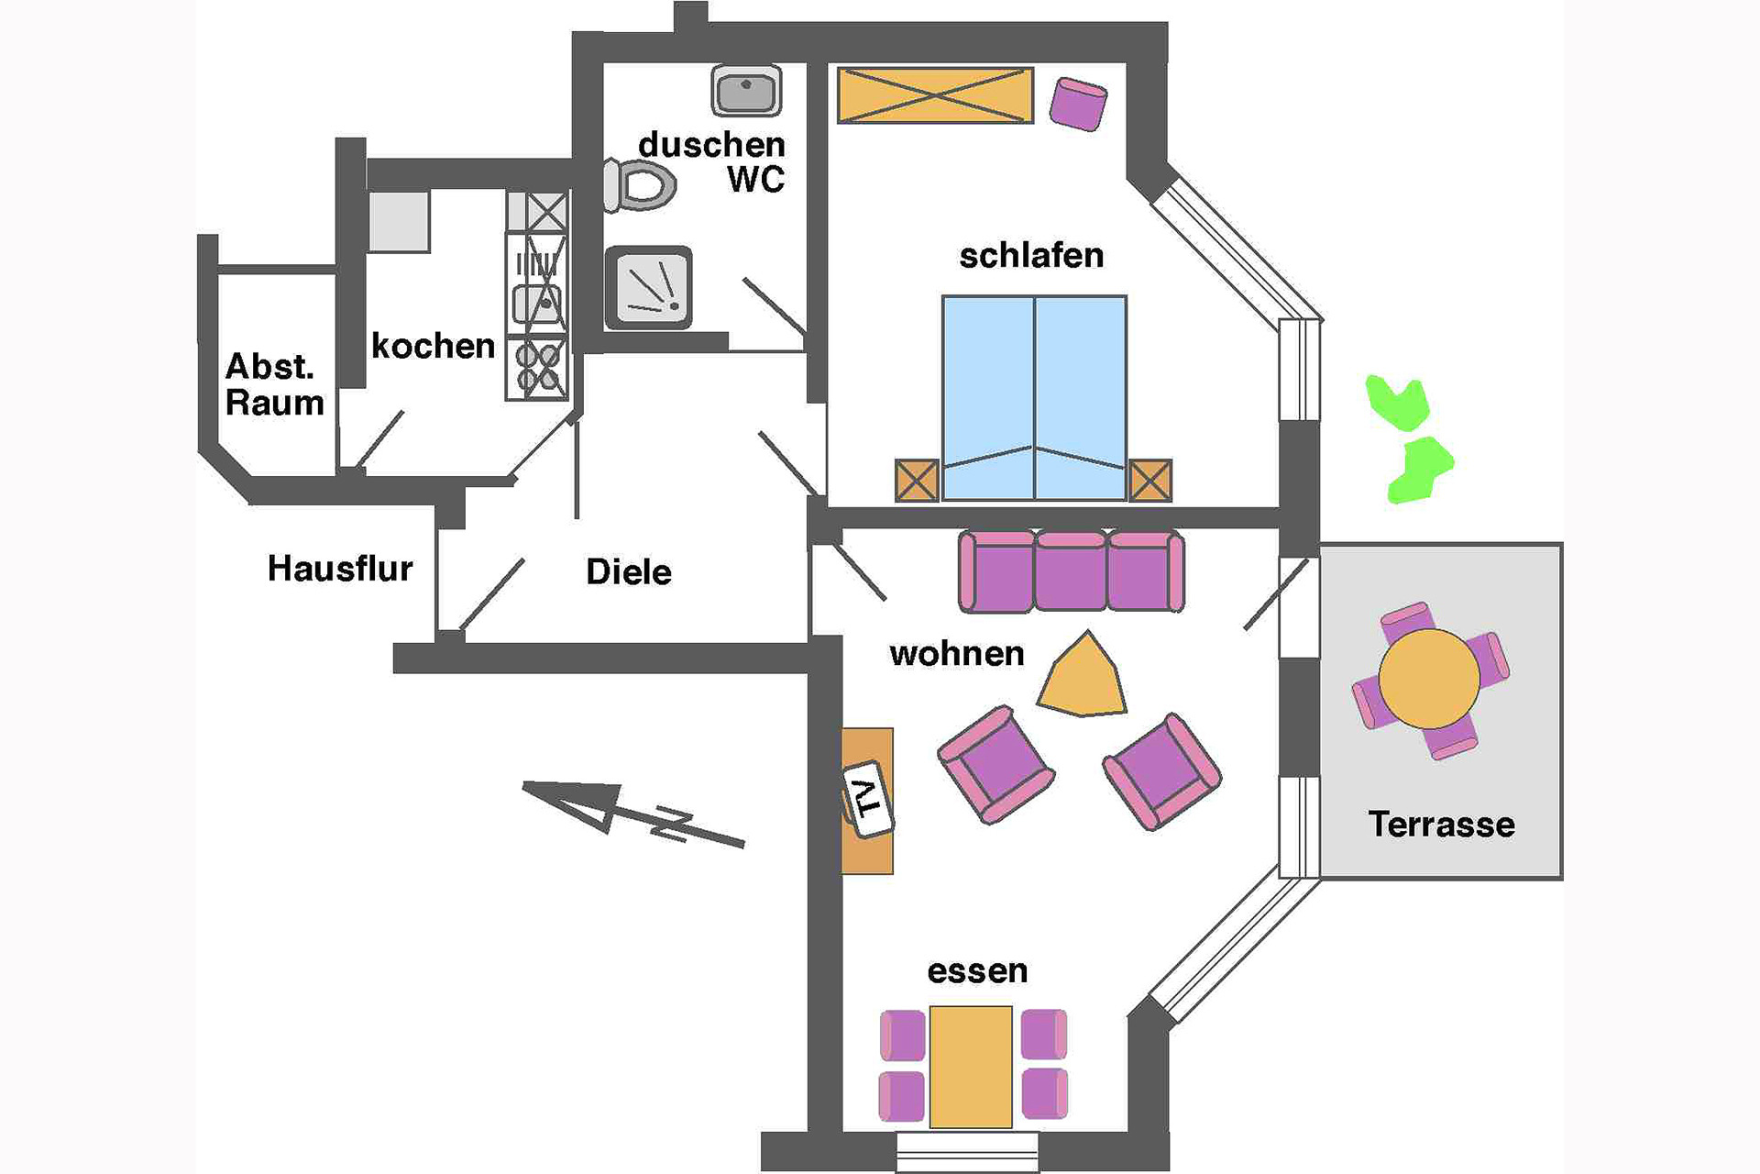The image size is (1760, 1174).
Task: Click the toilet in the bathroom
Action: [642, 185]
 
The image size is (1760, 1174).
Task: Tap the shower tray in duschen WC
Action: [649, 288]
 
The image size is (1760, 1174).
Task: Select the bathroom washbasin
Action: [746, 91]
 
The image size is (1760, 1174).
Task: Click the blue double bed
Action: [1034, 398]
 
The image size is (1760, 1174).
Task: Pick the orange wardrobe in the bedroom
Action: [935, 94]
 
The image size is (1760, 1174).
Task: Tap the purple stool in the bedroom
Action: [1078, 103]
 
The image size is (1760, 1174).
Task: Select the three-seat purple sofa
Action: [1071, 570]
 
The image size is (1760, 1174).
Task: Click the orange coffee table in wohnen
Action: [1083, 677]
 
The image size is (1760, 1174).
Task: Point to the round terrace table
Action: [1428, 679]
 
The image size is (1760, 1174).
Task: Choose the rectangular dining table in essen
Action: [971, 1067]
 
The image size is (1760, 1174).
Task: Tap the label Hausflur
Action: [340, 569]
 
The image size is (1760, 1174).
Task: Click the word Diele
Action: [629, 571]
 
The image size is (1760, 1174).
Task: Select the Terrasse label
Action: [1441, 824]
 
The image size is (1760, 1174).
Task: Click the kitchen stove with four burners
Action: [537, 367]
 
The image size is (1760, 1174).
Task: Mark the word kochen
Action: [433, 346]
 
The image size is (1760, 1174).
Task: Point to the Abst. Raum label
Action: [273, 384]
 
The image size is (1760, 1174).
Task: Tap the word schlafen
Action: [1031, 255]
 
